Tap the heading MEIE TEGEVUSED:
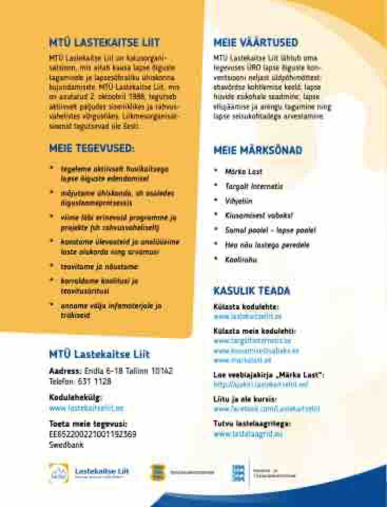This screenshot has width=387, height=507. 92,148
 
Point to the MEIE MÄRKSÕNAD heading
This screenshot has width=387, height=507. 258,151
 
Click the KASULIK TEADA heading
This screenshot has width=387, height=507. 251,291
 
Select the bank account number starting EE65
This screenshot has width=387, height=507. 93,434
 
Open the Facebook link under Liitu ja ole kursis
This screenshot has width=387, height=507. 266,409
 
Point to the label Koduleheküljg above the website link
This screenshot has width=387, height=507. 75,397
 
